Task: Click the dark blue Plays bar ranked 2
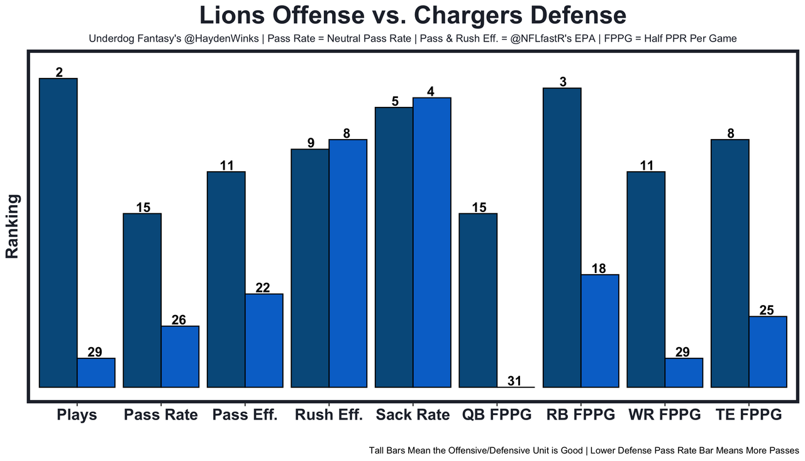(58, 233)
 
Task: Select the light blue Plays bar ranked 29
(96, 373)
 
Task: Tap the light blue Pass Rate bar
(180, 357)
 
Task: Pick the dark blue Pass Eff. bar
(226, 279)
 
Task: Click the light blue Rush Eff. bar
(348, 263)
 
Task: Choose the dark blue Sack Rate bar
(394, 247)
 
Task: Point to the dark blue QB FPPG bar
(478, 301)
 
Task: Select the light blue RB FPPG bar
(600, 331)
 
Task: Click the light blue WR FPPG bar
(684, 373)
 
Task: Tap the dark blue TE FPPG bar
(730, 263)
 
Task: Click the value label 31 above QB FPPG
(516, 380)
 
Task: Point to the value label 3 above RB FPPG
(562, 82)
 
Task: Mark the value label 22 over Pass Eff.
(263, 287)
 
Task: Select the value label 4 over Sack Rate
(431, 91)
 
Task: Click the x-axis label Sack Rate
(413, 415)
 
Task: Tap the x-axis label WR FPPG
(664, 415)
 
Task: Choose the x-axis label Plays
(77, 415)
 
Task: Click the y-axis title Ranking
(13, 226)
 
